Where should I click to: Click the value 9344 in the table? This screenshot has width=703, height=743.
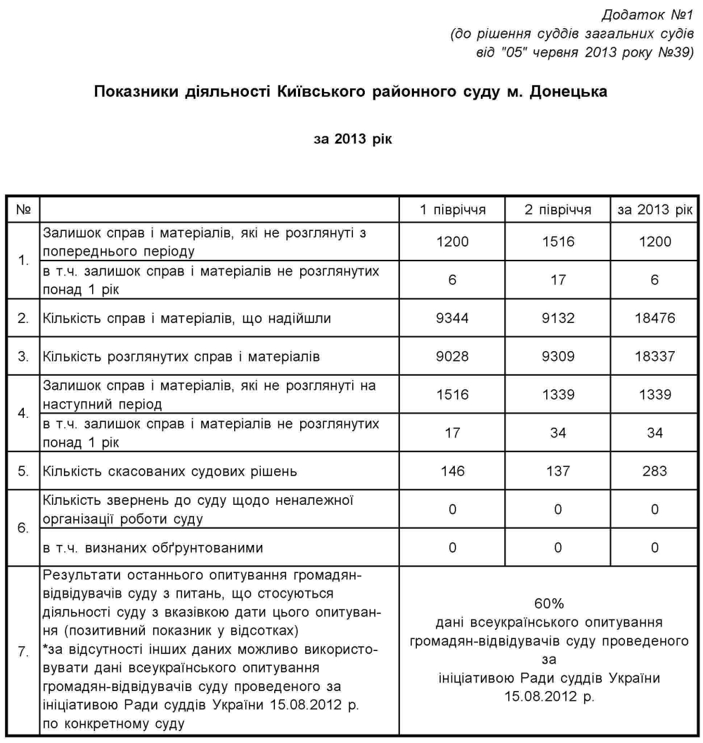(452, 318)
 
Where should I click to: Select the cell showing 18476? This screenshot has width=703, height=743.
(654, 318)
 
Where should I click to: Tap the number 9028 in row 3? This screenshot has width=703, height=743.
(452, 356)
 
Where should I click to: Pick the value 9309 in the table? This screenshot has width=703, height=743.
(557, 356)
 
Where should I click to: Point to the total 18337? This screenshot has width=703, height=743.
(654, 356)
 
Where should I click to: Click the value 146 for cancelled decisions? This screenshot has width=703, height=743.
(452, 471)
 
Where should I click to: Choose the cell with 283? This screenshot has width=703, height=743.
(654, 471)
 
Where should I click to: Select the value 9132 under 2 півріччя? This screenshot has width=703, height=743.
(557, 318)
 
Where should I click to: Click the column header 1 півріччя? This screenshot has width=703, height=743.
(452, 210)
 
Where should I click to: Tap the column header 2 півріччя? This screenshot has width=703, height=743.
(557, 210)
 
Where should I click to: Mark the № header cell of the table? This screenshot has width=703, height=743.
(23, 210)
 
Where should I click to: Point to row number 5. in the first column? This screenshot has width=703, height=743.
(23, 471)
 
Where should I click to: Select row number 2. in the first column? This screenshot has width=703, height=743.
(23, 318)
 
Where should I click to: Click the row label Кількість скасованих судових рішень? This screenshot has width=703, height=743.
(166, 471)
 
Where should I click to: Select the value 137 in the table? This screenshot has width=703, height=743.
(557, 471)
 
